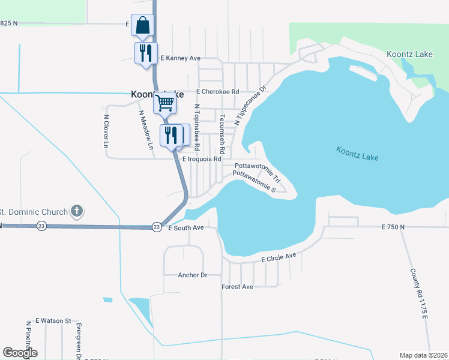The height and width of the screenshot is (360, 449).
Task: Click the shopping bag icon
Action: [142, 26]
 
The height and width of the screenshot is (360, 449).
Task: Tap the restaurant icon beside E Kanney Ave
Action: [145, 53]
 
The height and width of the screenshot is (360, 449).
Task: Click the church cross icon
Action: [76, 211]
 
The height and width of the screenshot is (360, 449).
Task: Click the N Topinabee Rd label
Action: [197, 127]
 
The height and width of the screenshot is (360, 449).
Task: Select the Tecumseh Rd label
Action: [222, 134]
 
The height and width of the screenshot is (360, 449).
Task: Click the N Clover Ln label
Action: [106, 131]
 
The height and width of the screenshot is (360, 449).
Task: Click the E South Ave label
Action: [187, 228]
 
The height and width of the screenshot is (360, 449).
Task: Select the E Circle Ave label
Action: [279, 257]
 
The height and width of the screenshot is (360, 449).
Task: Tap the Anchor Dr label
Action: [192, 275]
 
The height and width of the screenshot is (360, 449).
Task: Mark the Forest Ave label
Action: [237, 287]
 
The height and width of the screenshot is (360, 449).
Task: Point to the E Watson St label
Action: [53, 321]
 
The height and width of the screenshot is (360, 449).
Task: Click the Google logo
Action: [20, 353]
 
